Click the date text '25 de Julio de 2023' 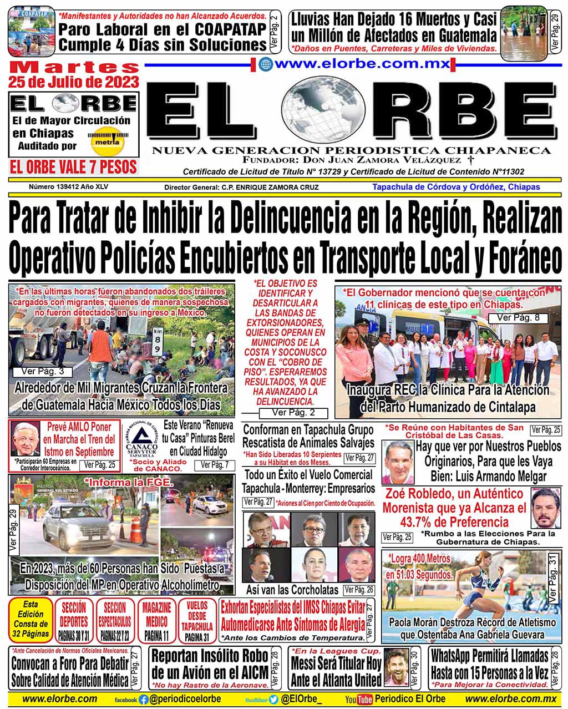tap(73, 83)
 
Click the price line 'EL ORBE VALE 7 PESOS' tap(73, 166)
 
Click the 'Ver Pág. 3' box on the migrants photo tap(39, 372)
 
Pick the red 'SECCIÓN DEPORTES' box tap(74, 620)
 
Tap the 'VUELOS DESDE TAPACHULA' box tap(197, 620)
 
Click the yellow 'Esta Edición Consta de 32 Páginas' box tap(31, 620)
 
